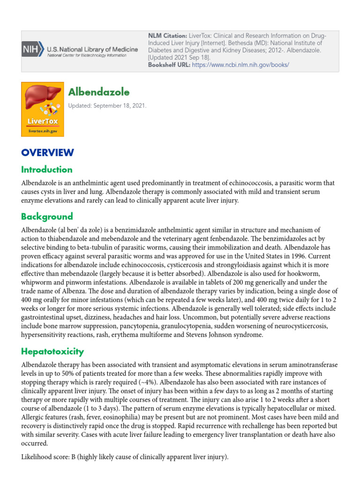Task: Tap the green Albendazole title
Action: point(99,91)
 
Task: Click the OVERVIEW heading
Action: point(47,152)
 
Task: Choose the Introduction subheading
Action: point(47,170)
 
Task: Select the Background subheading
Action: point(47,217)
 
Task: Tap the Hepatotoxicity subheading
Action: point(52,351)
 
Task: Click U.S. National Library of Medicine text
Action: point(92,49)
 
